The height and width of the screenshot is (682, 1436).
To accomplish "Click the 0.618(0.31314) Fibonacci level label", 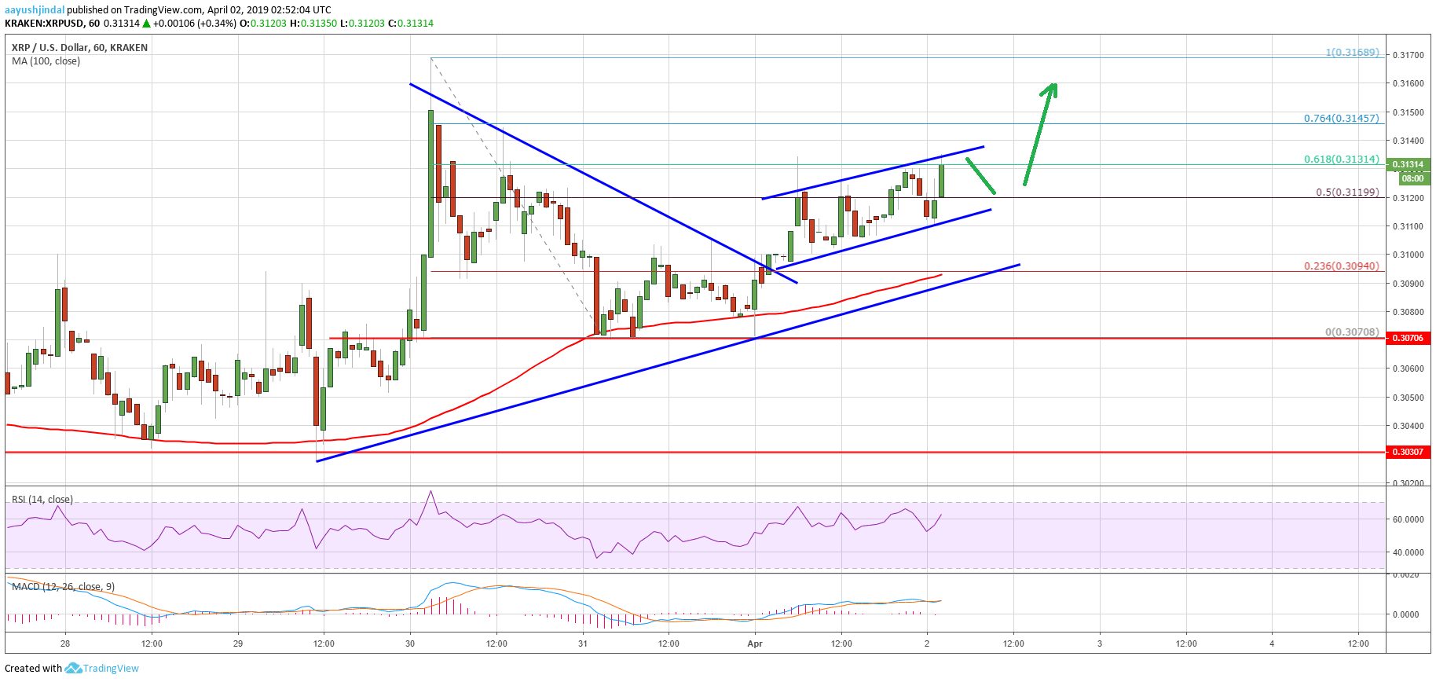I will tap(1341, 159).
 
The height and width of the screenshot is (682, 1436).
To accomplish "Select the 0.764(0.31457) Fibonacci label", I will tap(1341, 119).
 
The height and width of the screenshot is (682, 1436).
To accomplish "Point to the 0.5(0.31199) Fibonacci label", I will tap(1347, 192).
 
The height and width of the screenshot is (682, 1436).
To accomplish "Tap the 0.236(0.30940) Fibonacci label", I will tap(1341, 266).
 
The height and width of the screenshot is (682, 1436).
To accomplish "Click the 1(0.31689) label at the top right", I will tap(1352, 53).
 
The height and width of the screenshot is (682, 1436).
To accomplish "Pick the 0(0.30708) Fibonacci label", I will tap(1352, 332).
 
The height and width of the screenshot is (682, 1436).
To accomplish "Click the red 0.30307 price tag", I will tap(1407, 452).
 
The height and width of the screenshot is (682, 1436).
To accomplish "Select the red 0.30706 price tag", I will tap(1407, 338).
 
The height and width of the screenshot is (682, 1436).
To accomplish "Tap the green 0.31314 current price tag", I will tap(1407, 165).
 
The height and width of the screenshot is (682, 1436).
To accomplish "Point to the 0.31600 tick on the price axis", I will tap(1407, 83).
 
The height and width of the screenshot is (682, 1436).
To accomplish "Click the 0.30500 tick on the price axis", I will tap(1407, 398).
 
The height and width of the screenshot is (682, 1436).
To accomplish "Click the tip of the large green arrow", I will tap(1054, 84).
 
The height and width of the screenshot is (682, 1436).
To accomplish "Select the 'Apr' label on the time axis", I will tap(755, 643).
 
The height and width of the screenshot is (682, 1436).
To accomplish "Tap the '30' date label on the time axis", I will tap(410, 643).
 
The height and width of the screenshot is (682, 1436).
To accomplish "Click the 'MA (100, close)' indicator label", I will tap(46, 61).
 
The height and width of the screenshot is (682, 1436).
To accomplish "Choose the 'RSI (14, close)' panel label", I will tap(42, 500).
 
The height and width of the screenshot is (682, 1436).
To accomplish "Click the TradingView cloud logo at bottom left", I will tap(73, 668).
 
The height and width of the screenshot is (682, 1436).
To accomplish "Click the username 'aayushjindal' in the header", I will tap(35, 10).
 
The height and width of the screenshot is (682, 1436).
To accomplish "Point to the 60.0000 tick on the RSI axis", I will tap(1408, 519).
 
